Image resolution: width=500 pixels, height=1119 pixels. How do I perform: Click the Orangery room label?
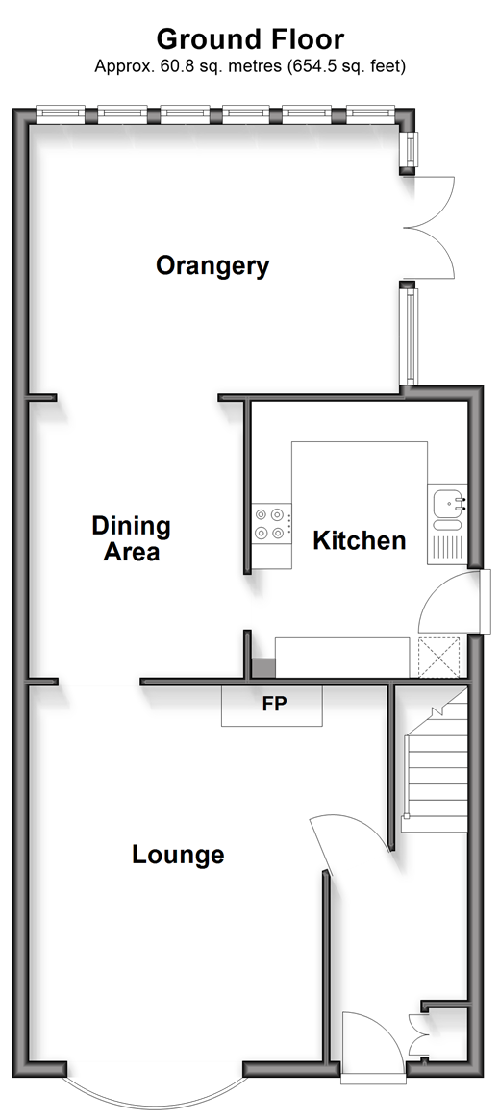[x=212, y=266]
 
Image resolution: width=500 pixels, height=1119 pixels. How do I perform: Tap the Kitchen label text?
[x=360, y=541]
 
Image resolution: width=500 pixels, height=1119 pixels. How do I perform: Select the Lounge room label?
[x=178, y=855]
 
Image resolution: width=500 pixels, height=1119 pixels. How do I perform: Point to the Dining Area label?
[x=132, y=538]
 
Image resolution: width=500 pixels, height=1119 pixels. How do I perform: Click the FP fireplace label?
[x=274, y=705]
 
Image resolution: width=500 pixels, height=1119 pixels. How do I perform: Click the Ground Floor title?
[x=250, y=38]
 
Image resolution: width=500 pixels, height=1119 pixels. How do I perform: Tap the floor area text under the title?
[x=250, y=66]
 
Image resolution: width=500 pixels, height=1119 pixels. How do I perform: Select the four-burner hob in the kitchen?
[x=271, y=522]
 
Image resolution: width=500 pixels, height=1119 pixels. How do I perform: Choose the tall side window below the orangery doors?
[x=410, y=336]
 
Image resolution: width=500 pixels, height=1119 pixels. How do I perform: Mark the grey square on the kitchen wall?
[x=262, y=668]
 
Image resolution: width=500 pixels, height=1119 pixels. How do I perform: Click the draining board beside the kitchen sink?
[x=447, y=547]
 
